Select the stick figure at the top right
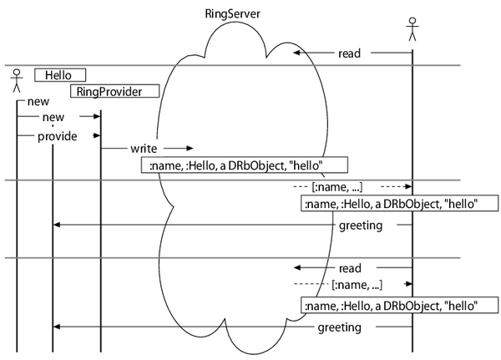pyautogui.click(x=412, y=28)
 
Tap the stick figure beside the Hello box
pyautogui.click(x=15, y=82)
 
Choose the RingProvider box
pyautogui.click(x=114, y=91)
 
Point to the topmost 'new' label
pyautogui.click(x=38, y=102)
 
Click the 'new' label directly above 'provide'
pyautogui.click(x=53, y=118)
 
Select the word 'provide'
pyautogui.click(x=58, y=135)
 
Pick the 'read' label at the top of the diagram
pyautogui.click(x=349, y=53)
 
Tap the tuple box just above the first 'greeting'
pyautogui.click(x=399, y=203)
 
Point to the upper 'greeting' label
pyautogui.click(x=361, y=226)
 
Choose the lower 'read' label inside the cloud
pyautogui.click(x=350, y=269)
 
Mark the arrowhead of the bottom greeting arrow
pyautogui.click(x=56, y=328)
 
